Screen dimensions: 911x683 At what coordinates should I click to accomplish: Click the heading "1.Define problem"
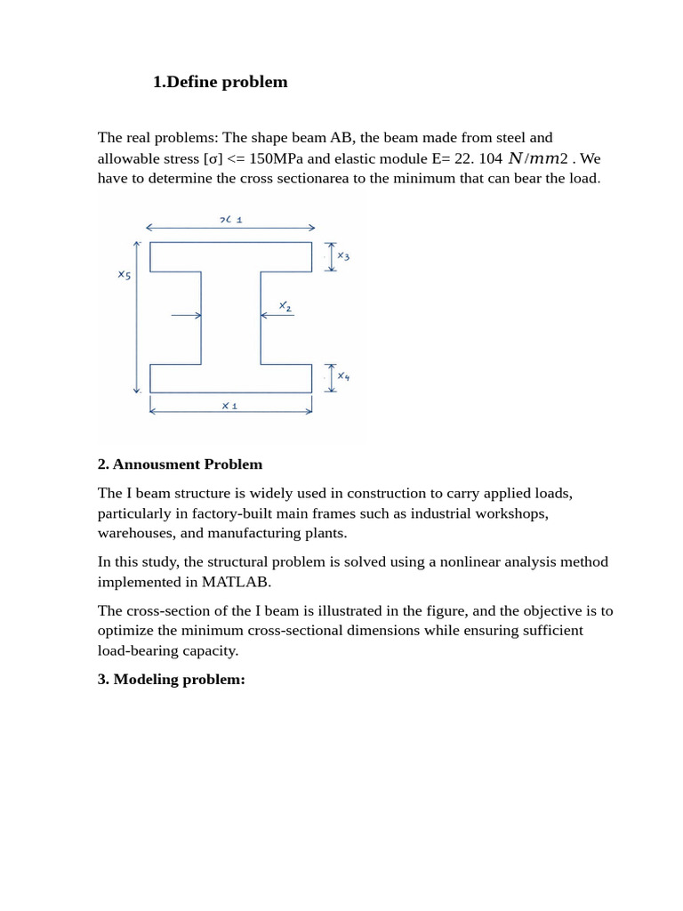(x=220, y=82)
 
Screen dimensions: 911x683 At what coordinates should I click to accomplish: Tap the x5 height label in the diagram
(x=125, y=275)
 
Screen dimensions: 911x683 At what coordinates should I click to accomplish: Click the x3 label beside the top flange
(x=343, y=256)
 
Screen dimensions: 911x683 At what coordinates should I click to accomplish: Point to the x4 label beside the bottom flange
(x=343, y=376)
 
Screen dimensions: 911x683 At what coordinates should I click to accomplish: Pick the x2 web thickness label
(x=285, y=306)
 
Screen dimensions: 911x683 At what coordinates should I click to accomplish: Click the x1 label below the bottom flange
(x=229, y=406)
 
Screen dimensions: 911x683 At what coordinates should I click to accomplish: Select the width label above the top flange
(x=230, y=219)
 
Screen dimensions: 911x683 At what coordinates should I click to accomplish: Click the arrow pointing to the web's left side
(x=186, y=315)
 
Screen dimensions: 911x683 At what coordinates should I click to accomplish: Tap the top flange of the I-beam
(x=230, y=256)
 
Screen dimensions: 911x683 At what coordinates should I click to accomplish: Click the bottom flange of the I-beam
(x=230, y=378)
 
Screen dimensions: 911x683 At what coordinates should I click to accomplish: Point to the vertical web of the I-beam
(x=230, y=318)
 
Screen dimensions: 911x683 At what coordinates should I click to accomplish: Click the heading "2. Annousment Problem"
(x=180, y=464)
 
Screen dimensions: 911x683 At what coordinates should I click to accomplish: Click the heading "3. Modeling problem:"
(x=171, y=680)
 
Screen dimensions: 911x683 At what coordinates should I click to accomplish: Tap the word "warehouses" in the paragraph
(x=133, y=533)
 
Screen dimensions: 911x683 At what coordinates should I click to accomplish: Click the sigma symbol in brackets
(x=213, y=159)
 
